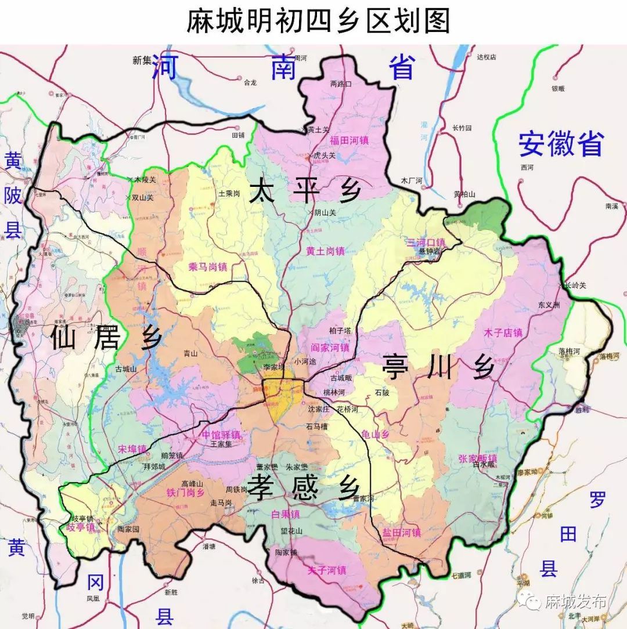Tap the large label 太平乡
point(305,192)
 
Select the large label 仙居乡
point(105,338)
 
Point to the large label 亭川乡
point(438,367)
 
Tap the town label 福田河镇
point(349,140)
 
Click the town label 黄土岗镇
point(325,251)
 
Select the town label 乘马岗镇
point(207,267)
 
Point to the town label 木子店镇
point(503,333)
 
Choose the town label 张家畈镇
point(477,457)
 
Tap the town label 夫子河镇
point(327,570)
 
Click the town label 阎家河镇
point(330,348)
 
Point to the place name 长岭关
point(575,285)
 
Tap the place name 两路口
point(341,84)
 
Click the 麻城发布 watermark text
point(575,601)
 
